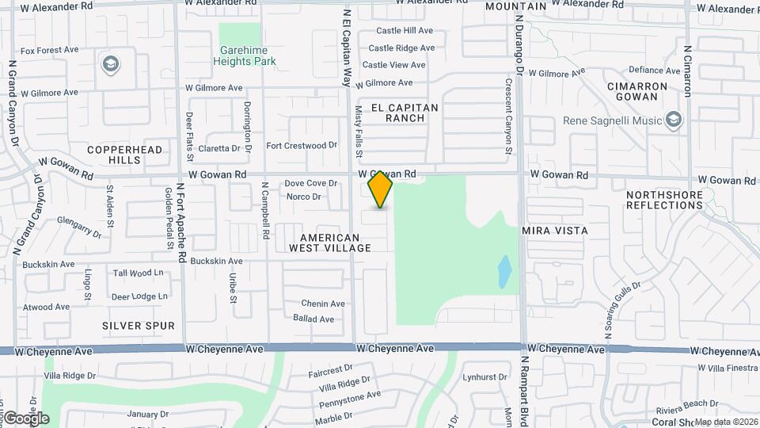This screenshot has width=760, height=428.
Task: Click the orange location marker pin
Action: click(x=381, y=189)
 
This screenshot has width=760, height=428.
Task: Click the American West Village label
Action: click(x=330, y=243)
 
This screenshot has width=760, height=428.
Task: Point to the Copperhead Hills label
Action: click(x=125, y=155)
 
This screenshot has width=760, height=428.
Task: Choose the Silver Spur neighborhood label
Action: click(x=139, y=326)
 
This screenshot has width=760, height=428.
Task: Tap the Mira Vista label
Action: click(x=555, y=231)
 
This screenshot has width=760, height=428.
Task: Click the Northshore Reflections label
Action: click(x=664, y=200)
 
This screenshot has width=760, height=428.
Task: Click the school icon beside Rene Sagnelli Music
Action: click(x=674, y=120)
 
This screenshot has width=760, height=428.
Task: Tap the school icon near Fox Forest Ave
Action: click(x=110, y=63)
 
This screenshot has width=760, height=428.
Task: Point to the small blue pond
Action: click(x=503, y=272)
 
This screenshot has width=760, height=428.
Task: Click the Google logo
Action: click(x=26, y=418)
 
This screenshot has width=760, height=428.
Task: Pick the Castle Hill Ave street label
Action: click(x=405, y=31)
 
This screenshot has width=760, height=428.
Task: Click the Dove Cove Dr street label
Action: click(x=311, y=183)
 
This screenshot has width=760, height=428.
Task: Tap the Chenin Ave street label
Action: click(x=323, y=304)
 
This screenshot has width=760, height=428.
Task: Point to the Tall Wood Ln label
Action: click(x=138, y=273)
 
